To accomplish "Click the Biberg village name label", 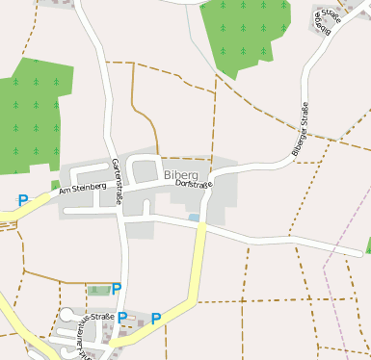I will coord(180,175).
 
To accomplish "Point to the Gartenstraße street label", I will coord(118,180).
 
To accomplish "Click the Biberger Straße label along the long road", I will coord(300,129).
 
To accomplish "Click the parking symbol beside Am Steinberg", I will coord(22,200).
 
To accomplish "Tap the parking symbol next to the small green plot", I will coord(117,288).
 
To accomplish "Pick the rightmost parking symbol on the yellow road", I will coord(155,318).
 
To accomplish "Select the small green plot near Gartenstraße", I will coord(97,289).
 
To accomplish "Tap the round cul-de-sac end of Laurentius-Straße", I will coord(65,314).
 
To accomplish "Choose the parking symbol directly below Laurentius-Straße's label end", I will coord(122,317).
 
